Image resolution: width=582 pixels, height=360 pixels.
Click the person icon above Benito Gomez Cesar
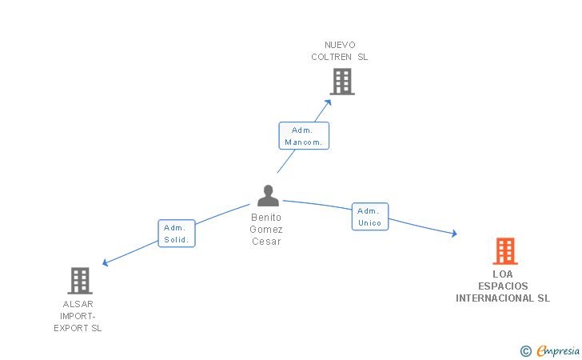click(268, 195)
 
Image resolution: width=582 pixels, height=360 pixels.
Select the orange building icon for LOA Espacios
click(505, 251)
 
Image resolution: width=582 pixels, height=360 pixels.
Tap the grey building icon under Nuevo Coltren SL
click(342, 82)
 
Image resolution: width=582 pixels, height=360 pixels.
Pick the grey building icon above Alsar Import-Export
click(80, 281)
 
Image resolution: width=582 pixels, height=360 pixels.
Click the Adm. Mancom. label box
click(304, 136)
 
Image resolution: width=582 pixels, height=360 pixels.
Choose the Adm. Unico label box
click(370, 217)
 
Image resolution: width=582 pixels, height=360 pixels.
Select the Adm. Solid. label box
click(177, 234)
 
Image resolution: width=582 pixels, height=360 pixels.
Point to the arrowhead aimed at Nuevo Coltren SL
click(328, 102)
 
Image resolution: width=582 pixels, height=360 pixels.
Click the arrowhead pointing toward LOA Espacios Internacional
click(454, 234)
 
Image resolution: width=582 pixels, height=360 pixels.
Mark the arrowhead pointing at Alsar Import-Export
click(106, 262)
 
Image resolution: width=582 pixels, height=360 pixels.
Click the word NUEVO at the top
click(340, 45)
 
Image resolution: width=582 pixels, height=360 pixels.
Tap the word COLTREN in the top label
click(331, 57)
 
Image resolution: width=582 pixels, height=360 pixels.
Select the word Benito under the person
click(266, 218)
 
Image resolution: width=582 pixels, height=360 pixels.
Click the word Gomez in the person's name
click(266, 230)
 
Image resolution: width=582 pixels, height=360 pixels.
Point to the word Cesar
click(266, 242)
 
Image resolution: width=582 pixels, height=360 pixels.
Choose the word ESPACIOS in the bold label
click(503, 286)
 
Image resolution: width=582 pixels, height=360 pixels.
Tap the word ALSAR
click(78, 304)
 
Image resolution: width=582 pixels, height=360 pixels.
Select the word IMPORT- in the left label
click(78, 316)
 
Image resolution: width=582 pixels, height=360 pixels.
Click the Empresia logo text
click(558, 350)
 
